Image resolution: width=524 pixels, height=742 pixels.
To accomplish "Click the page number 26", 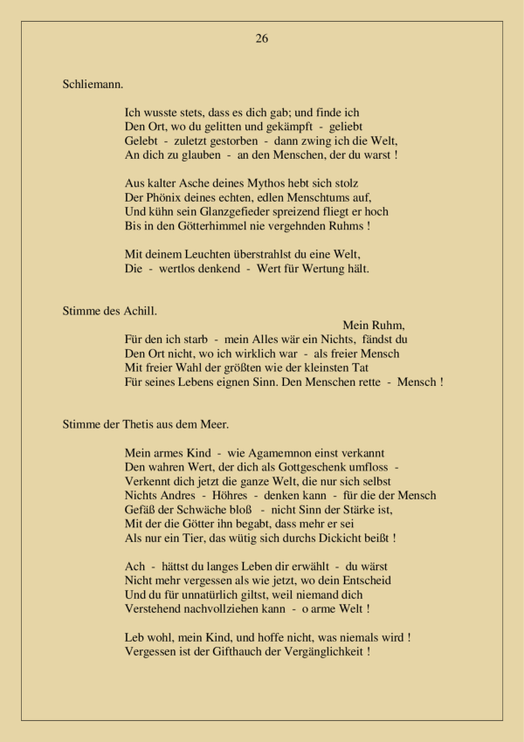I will [262, 38].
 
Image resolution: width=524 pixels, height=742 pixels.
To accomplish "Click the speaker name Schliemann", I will [93, 85].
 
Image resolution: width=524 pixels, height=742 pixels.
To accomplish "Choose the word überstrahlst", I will [266, 254].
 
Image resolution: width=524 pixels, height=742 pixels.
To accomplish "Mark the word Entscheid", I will [361, 581].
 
